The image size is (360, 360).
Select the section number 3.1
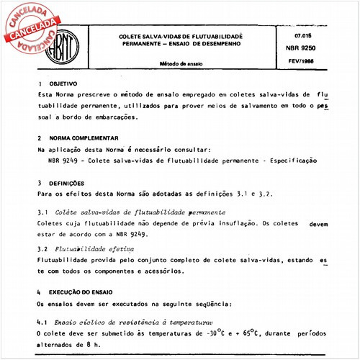41,213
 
